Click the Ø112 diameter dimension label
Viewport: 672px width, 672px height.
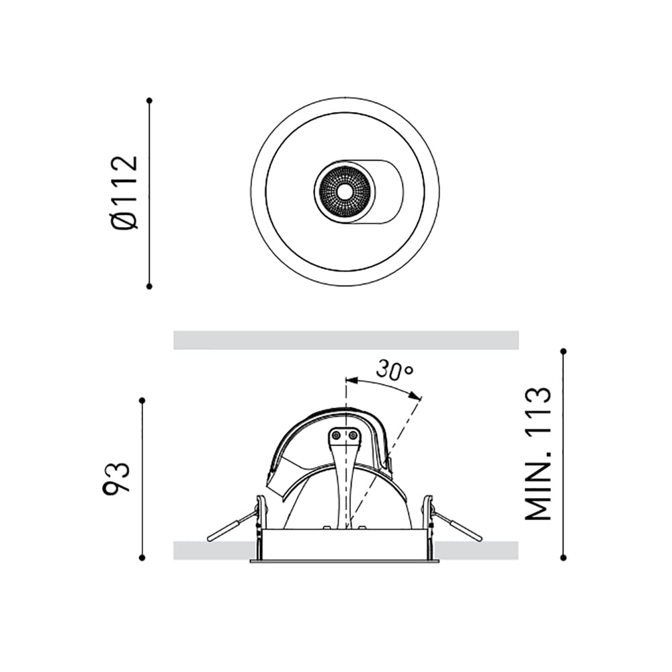(126, 192)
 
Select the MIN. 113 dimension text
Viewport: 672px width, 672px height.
(538, 454)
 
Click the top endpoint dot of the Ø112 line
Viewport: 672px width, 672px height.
(149, 100)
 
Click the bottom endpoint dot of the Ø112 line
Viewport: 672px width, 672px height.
(149, 286)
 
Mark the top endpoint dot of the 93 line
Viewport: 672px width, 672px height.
(142, 401)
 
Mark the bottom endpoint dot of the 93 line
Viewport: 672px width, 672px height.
(142, 557)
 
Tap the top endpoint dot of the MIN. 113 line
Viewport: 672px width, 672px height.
(563, 351)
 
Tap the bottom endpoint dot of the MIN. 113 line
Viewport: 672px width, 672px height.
(563, 557)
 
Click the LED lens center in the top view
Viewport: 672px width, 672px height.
(345, 192)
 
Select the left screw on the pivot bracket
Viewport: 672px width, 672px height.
(337, 436)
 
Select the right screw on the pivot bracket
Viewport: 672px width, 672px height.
(352, 436)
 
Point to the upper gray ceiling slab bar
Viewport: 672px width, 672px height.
(345, 340)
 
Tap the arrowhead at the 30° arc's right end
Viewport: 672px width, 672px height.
(418, 398)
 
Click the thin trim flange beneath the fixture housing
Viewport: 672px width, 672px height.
(344, 560)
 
